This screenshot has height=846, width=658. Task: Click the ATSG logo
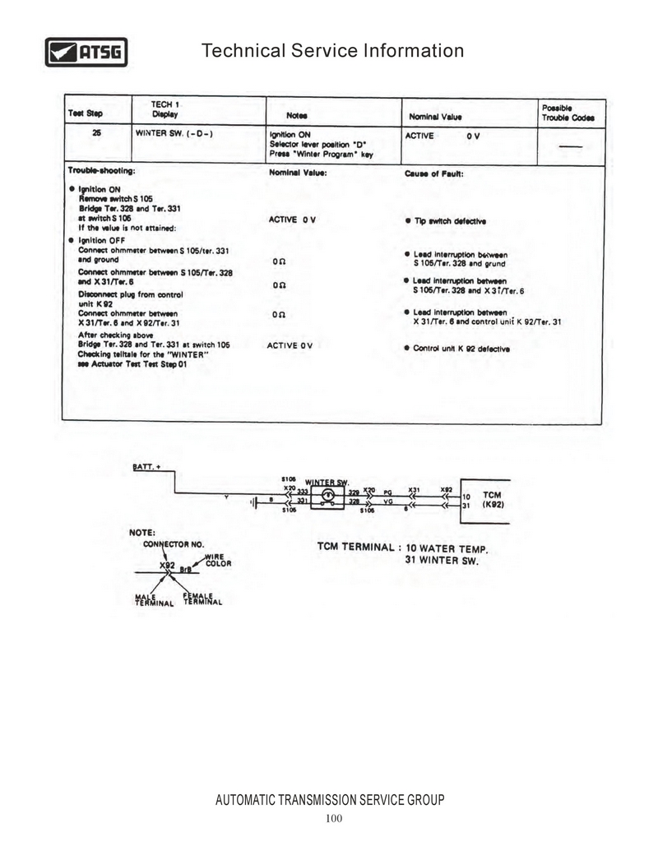click(86, 52)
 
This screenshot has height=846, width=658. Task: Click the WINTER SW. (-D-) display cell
click(174, 133)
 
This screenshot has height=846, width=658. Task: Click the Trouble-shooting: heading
click(100, 172)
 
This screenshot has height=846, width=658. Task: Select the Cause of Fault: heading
click(433, 173)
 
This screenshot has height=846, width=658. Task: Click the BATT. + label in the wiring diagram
click(147, 467)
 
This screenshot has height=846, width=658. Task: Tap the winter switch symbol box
click(327, 495)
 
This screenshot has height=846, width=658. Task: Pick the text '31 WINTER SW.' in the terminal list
click(443, 560)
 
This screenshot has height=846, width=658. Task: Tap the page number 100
click(333, 817)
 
